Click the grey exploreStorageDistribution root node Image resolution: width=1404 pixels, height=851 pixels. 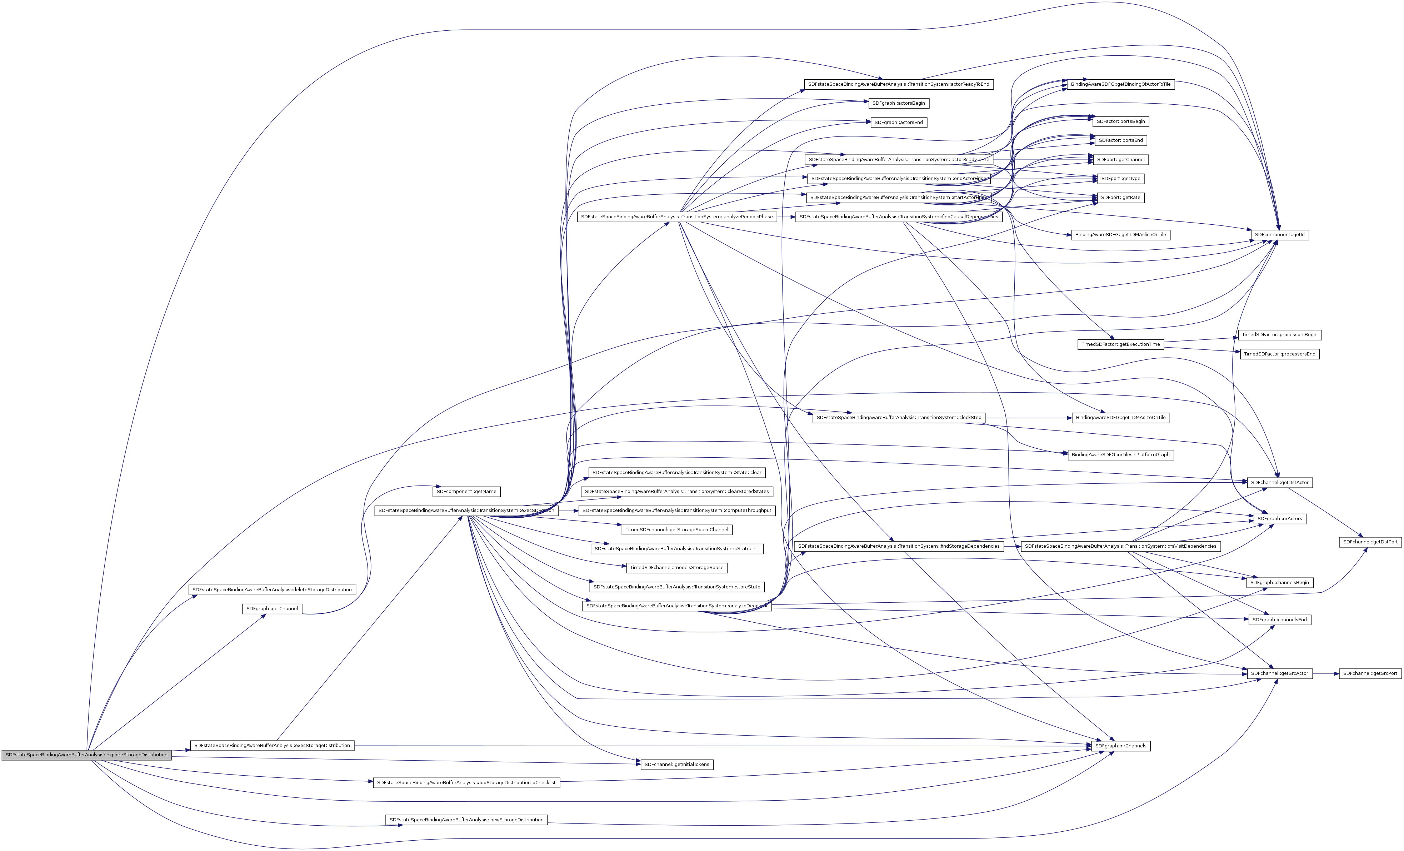86,755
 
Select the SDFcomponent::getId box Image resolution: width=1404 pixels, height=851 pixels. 1280,235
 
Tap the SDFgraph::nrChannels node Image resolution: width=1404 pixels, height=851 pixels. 1120,746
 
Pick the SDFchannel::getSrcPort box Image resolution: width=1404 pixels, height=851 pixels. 1370,673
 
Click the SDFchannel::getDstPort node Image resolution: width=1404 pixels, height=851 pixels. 1370,542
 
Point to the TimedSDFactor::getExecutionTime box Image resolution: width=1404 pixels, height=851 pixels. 1120,344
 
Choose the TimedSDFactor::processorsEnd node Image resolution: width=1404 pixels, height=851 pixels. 1279,354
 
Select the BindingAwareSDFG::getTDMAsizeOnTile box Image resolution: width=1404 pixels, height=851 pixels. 1120,418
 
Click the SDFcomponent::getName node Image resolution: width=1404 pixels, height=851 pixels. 466,491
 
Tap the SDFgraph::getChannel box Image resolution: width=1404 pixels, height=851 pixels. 272,609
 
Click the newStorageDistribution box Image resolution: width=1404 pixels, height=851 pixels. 466,820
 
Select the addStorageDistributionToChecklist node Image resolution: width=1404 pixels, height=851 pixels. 466,783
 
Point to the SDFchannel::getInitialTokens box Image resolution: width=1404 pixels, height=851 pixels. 677,764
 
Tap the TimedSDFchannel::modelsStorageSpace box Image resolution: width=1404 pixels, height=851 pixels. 677,568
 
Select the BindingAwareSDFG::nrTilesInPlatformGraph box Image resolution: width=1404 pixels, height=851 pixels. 1120,455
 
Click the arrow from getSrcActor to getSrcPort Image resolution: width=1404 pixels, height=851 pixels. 1325,673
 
